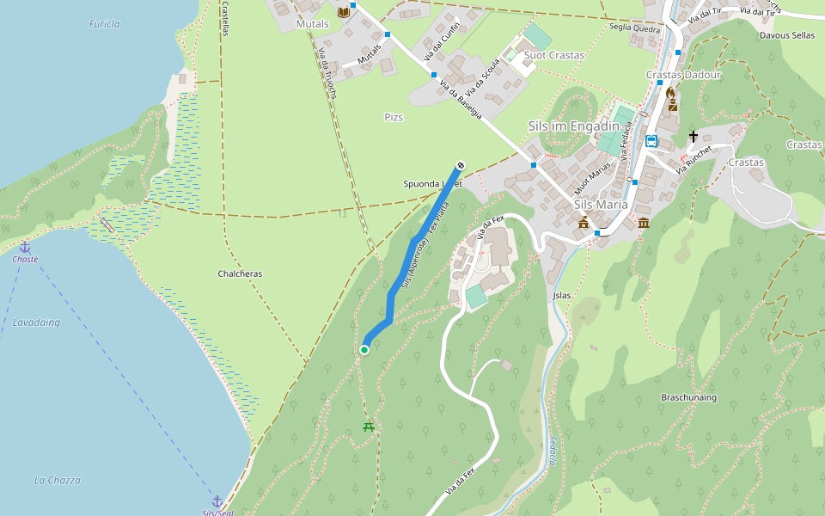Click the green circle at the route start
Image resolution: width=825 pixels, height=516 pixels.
pos(364,349)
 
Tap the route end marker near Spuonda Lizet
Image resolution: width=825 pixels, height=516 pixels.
pos(461,165)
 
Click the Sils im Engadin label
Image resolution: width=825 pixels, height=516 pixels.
pos(574,126)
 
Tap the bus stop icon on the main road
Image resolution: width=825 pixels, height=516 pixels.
pos(651,141)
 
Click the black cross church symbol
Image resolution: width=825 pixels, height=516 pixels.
pos(694,137)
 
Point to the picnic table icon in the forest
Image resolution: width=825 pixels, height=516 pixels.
pos(369,426)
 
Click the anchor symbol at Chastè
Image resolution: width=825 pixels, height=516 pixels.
pos(25,247)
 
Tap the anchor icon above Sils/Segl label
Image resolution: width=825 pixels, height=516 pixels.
pos(217,501)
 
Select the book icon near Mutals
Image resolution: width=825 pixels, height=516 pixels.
pos(344,12)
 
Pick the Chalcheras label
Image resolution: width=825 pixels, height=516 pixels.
pos(240,273)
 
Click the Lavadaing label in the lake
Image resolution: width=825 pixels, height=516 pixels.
pos(37,322)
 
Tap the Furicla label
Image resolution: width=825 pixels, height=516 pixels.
pos(105,24)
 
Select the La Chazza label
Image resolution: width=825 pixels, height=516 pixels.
pos(58,480)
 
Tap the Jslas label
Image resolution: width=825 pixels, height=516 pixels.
pos(562,295)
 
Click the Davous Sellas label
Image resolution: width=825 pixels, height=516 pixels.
pos(786,35)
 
